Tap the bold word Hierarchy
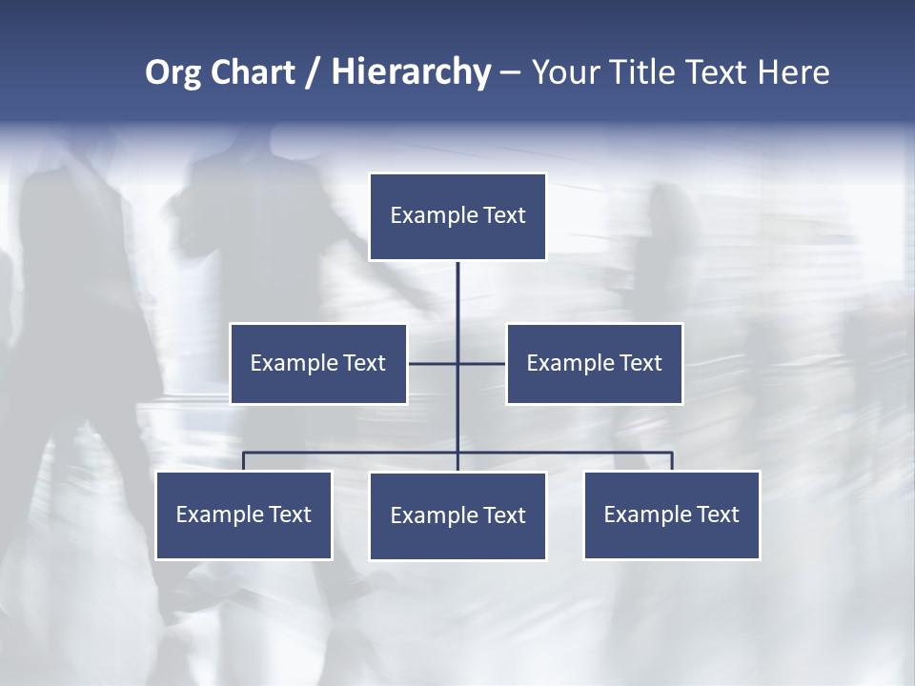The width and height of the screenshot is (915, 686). point(411,72)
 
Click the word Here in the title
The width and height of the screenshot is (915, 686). point(793,72)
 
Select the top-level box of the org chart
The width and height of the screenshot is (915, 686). point(457,216)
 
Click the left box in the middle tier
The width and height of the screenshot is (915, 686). point(318,364)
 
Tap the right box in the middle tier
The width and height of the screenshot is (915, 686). point(594,364)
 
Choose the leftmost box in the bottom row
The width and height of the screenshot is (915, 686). point(244,515)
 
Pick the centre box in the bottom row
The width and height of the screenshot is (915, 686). point(457,516)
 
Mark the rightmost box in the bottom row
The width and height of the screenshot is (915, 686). point(672,515)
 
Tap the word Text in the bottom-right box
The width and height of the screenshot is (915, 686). point(718,515)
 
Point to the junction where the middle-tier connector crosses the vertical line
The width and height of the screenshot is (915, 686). point(457,363)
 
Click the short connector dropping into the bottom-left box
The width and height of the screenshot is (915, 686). point(244,461)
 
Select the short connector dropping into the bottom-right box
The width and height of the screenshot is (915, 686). point(672,461)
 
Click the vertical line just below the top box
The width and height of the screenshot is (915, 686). point(457,286)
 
